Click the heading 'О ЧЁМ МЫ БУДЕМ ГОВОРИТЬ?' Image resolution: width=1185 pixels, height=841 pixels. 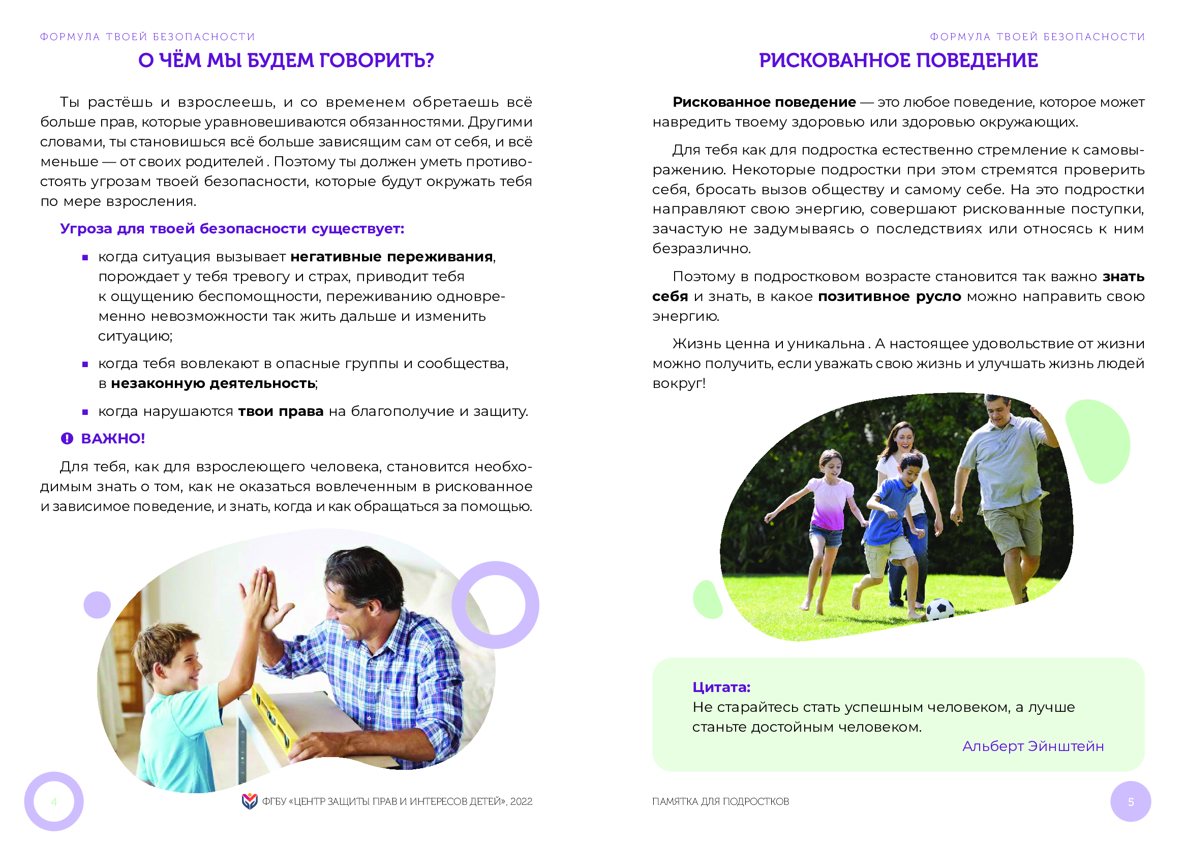point(286,61)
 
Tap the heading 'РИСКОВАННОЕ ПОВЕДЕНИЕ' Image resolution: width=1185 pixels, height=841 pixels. point(898,61)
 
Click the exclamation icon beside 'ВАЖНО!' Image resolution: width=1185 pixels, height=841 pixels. point(67,439)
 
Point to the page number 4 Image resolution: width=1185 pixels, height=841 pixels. point(54,802)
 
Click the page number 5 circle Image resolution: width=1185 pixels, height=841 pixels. point(1131,802)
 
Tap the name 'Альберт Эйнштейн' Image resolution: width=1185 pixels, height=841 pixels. point(1033,746)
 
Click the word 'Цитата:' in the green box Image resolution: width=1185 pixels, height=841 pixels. point(721,687)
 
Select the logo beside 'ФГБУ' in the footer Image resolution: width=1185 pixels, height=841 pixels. point(250,801)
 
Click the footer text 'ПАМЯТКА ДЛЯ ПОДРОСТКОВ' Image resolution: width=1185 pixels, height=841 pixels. point(720,802)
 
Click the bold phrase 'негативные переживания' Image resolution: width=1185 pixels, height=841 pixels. point(391,257)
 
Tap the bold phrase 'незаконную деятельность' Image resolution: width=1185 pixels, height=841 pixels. point(213,383)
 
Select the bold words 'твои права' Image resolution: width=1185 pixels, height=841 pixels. point(281,411)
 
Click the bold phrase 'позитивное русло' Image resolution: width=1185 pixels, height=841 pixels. point(889,297)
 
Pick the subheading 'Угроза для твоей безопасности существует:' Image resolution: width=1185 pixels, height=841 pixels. point(232,229)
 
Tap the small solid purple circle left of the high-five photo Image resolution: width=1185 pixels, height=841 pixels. point(97,605)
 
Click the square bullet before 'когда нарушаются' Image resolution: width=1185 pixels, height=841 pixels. point(85,412)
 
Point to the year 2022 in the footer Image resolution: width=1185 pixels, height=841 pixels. point(521,802)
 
